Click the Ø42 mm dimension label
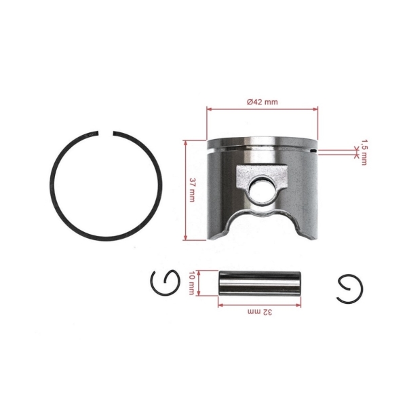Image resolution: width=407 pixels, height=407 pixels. (x=262, y=101)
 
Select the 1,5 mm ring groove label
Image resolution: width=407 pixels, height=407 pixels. (x=364, y=153)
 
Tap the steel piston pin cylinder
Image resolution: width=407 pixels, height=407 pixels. (x=258, y=280)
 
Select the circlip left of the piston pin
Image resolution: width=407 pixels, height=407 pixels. (x=163, y=281)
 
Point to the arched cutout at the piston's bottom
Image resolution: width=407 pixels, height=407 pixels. (x=261, y=224)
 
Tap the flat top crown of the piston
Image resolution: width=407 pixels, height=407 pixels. (x=261, y=140)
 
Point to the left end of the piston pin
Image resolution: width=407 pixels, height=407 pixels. (x=220, y=280)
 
